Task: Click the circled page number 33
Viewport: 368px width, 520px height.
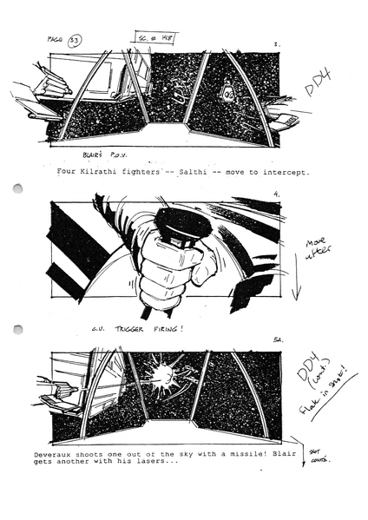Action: (76, 41)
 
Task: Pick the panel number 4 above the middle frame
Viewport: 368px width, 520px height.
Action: (275, 195)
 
